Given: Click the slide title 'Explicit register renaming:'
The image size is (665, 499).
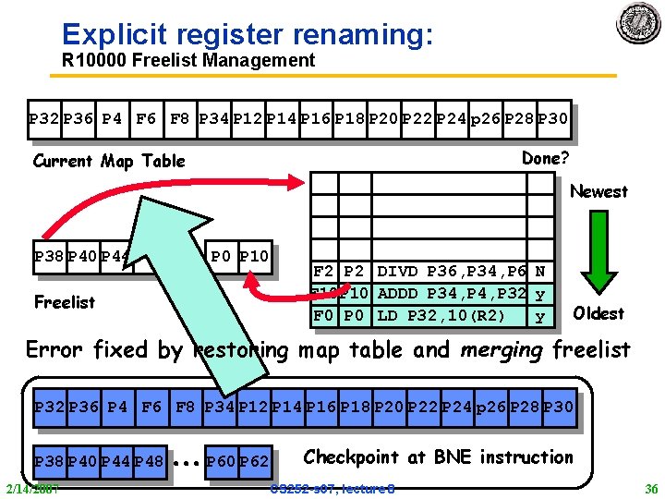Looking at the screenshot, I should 247,34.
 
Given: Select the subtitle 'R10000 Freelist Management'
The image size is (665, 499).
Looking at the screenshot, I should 188,61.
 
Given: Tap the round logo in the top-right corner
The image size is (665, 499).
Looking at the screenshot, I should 639,23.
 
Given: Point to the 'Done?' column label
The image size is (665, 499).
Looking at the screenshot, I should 545,158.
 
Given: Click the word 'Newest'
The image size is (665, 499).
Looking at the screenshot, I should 598,191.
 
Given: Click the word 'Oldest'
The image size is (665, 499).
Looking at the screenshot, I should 598,313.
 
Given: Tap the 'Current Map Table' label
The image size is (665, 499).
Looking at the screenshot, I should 109,161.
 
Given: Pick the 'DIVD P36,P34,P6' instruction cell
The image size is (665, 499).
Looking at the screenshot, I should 450,273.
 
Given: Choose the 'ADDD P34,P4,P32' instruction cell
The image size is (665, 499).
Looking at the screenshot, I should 450,294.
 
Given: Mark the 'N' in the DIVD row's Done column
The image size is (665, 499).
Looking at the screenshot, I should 540,273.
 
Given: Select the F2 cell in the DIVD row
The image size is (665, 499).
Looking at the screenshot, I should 324,273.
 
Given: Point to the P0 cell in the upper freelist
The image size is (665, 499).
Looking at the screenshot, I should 222,256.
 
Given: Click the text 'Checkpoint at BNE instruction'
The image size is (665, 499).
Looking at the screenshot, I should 439,456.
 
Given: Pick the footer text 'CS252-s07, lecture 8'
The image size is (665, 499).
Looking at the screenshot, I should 332,488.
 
